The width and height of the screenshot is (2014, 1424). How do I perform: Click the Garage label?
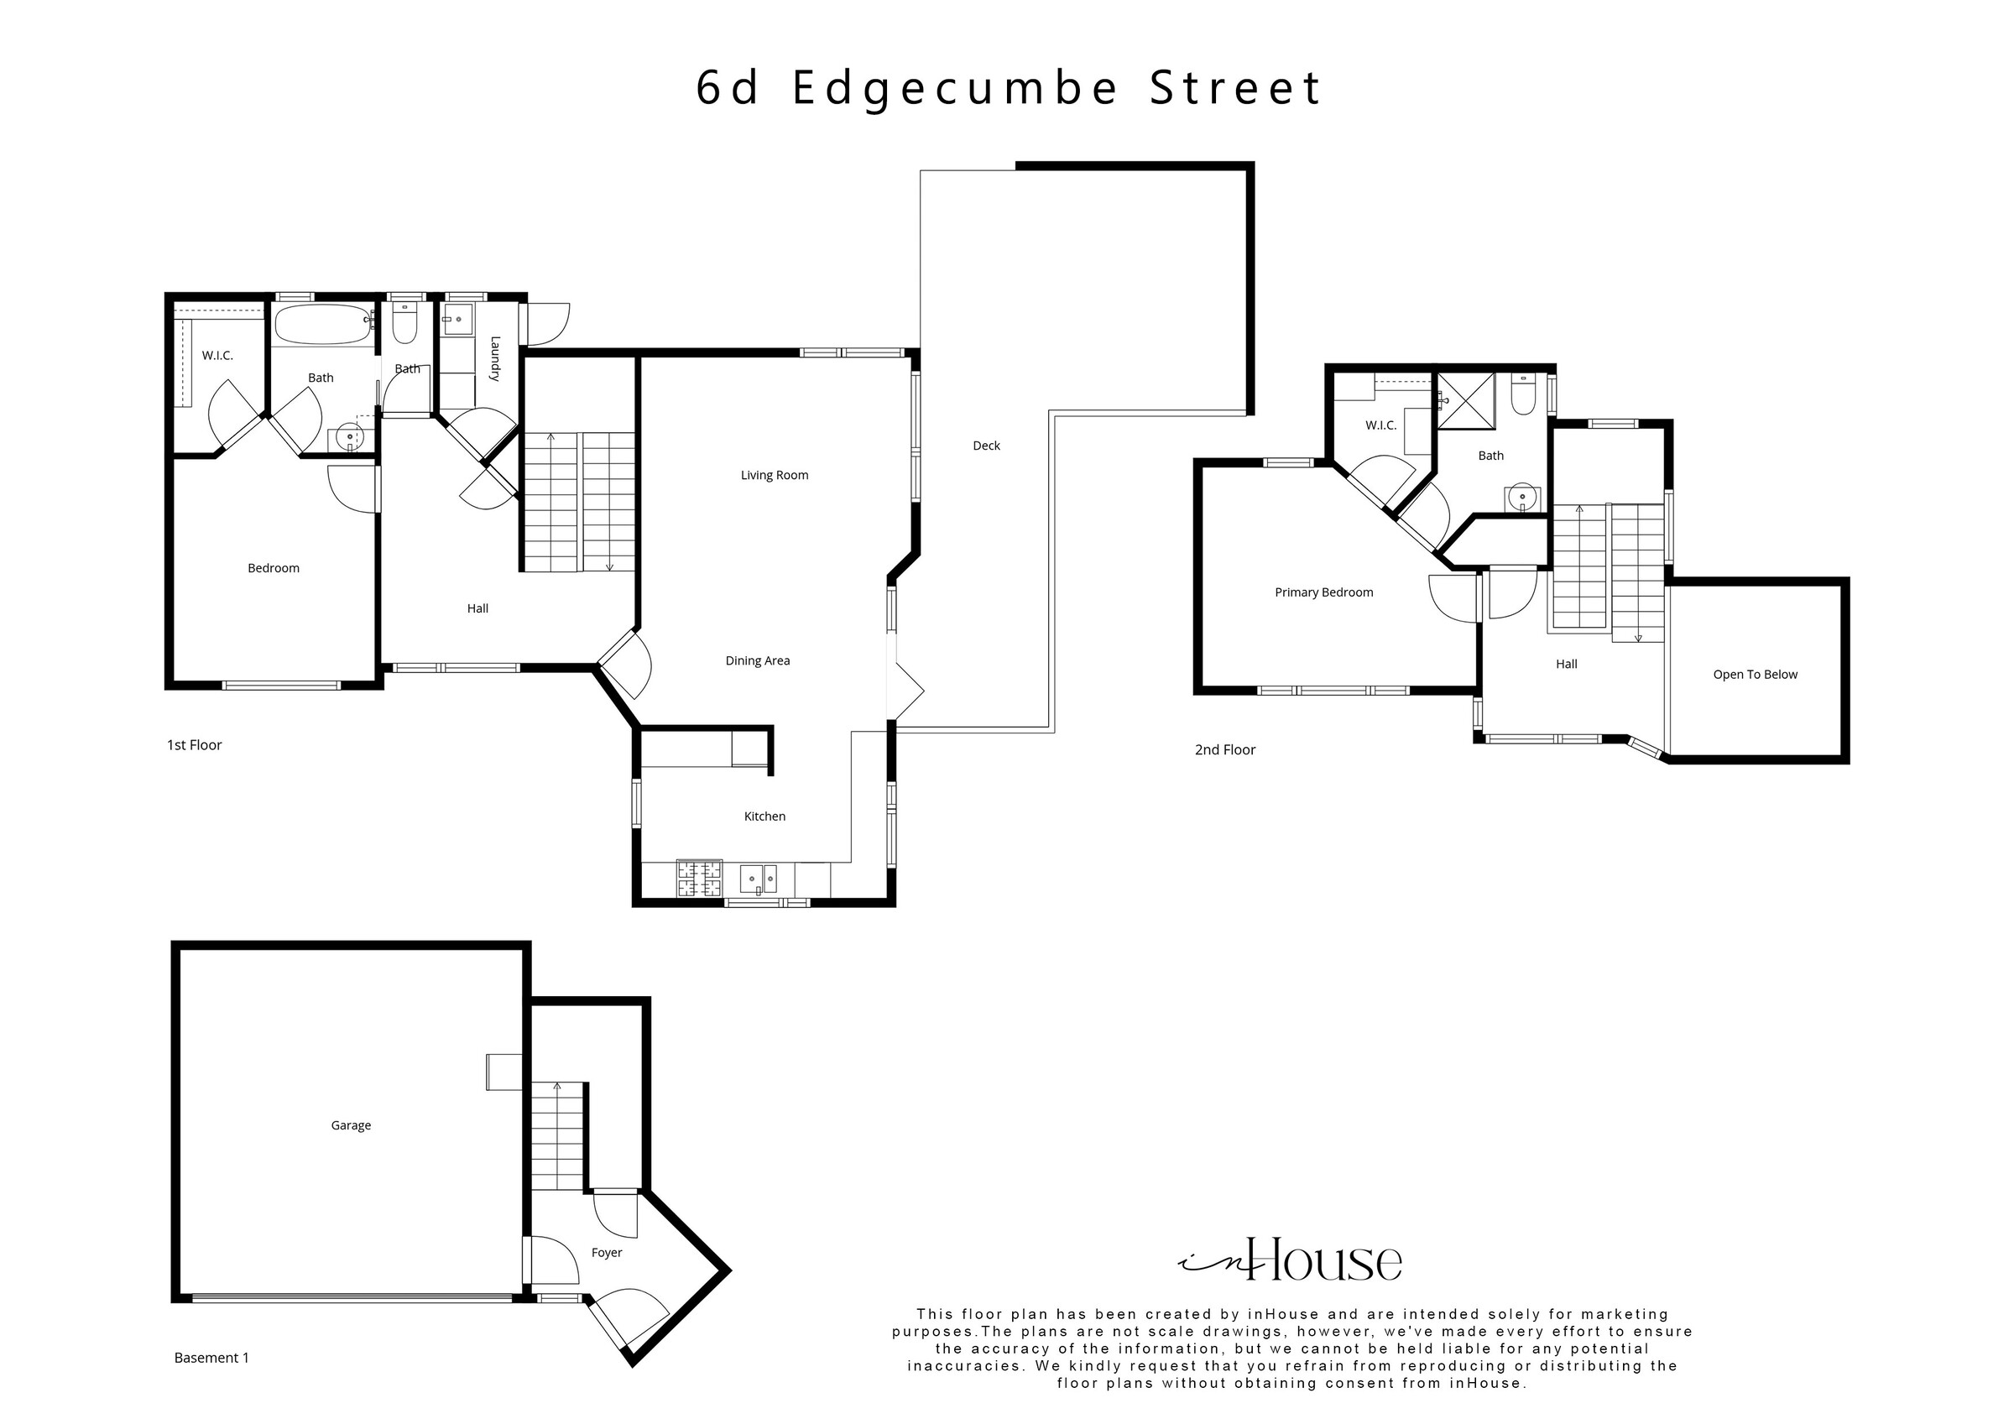pyautogui.click(x=351, y=1125)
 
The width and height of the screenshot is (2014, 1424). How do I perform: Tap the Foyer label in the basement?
pyautogui.click(x=606, y=1253)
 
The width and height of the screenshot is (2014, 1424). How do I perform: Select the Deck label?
pyautogui.click(x=986, y=446)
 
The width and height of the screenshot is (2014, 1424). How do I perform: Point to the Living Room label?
pyautogui.click(x=775, y=476)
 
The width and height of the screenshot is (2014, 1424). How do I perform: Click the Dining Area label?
pyautogui.click(x=757, y=660)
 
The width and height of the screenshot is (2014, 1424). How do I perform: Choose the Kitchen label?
pyautogui.click(x=764, y=816)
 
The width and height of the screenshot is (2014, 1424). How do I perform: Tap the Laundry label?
pyautogui.click(x=495, y=359)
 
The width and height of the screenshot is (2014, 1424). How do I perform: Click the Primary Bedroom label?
pyautogui.click(x=1323, y=592)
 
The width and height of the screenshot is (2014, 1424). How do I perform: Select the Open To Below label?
pyautogui.click(x=1756, y=675)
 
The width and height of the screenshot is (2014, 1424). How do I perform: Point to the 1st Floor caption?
pyautogui.click(x=194, y=745)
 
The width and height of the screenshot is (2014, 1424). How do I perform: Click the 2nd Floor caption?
pyautogui.click(x=1224, y=750)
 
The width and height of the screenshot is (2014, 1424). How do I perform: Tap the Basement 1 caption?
pyautogui.click(x=211, y=1359)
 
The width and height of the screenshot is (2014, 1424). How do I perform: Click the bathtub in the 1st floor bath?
pyautogui.click(x=324, y=325)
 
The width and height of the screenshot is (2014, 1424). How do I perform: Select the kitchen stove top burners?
pyautogui.click(x=699, y=879)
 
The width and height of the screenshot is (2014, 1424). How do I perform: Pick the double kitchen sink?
pyautogui.click(x=759, y=879)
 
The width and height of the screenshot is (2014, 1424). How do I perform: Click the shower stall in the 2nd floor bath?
pyautogui.click(x=1466, y=401)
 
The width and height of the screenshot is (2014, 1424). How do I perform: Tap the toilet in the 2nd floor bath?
pyautogui.click(x=1524, y=395)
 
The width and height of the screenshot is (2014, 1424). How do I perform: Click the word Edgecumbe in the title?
pyautogui.click(x=956, y=89)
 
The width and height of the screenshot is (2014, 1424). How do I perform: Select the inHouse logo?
pyautogui.click(x=1290, y=1261)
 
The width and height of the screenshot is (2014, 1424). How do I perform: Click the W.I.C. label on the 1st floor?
pyautogui.click(x=217, y=355)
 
